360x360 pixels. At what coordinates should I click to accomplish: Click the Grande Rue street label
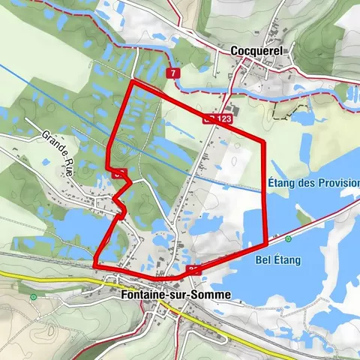point(55,148)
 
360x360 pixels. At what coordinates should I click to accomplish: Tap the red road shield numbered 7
point(173,73)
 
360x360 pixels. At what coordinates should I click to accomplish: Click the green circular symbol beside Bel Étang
point(288,239)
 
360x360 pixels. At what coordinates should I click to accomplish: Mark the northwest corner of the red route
point(133,81)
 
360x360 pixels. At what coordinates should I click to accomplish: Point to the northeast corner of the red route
point(263,141)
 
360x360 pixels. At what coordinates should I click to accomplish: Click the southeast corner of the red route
point(267,243)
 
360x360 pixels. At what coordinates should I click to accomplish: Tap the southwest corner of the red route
point(95,265)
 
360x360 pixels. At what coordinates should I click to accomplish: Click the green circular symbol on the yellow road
point(33,297)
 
